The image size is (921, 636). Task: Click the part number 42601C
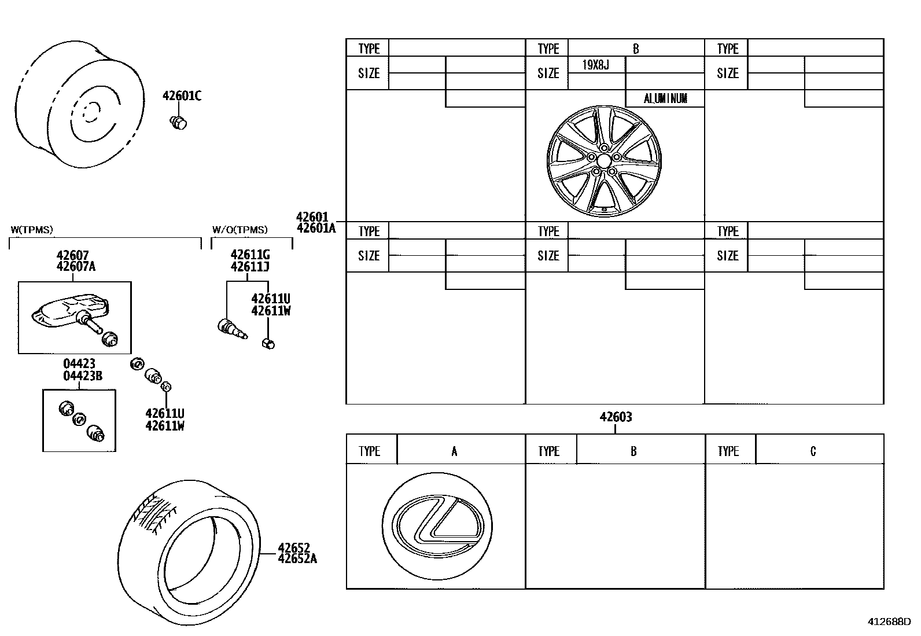tap(182, 96)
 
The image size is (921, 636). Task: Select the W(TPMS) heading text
tap(32, 230)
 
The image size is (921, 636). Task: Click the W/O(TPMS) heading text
tap(240, 230)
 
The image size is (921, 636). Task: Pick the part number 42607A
tap(76, 267)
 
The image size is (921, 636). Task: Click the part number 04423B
tap(82, 376)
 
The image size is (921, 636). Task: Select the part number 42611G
tap(249, 255)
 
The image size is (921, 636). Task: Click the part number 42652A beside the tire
tap(297, 558)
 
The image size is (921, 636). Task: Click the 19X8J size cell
tap(595, 65)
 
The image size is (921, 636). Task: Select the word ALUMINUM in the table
tap(665, 99)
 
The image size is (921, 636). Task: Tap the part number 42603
tap(615, 417)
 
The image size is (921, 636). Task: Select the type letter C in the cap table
tap(813, 451)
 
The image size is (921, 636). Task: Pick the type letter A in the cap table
tap(454, 451)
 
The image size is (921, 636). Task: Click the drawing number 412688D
tap(888, 622)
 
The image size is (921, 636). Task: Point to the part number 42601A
tap(316, 228)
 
